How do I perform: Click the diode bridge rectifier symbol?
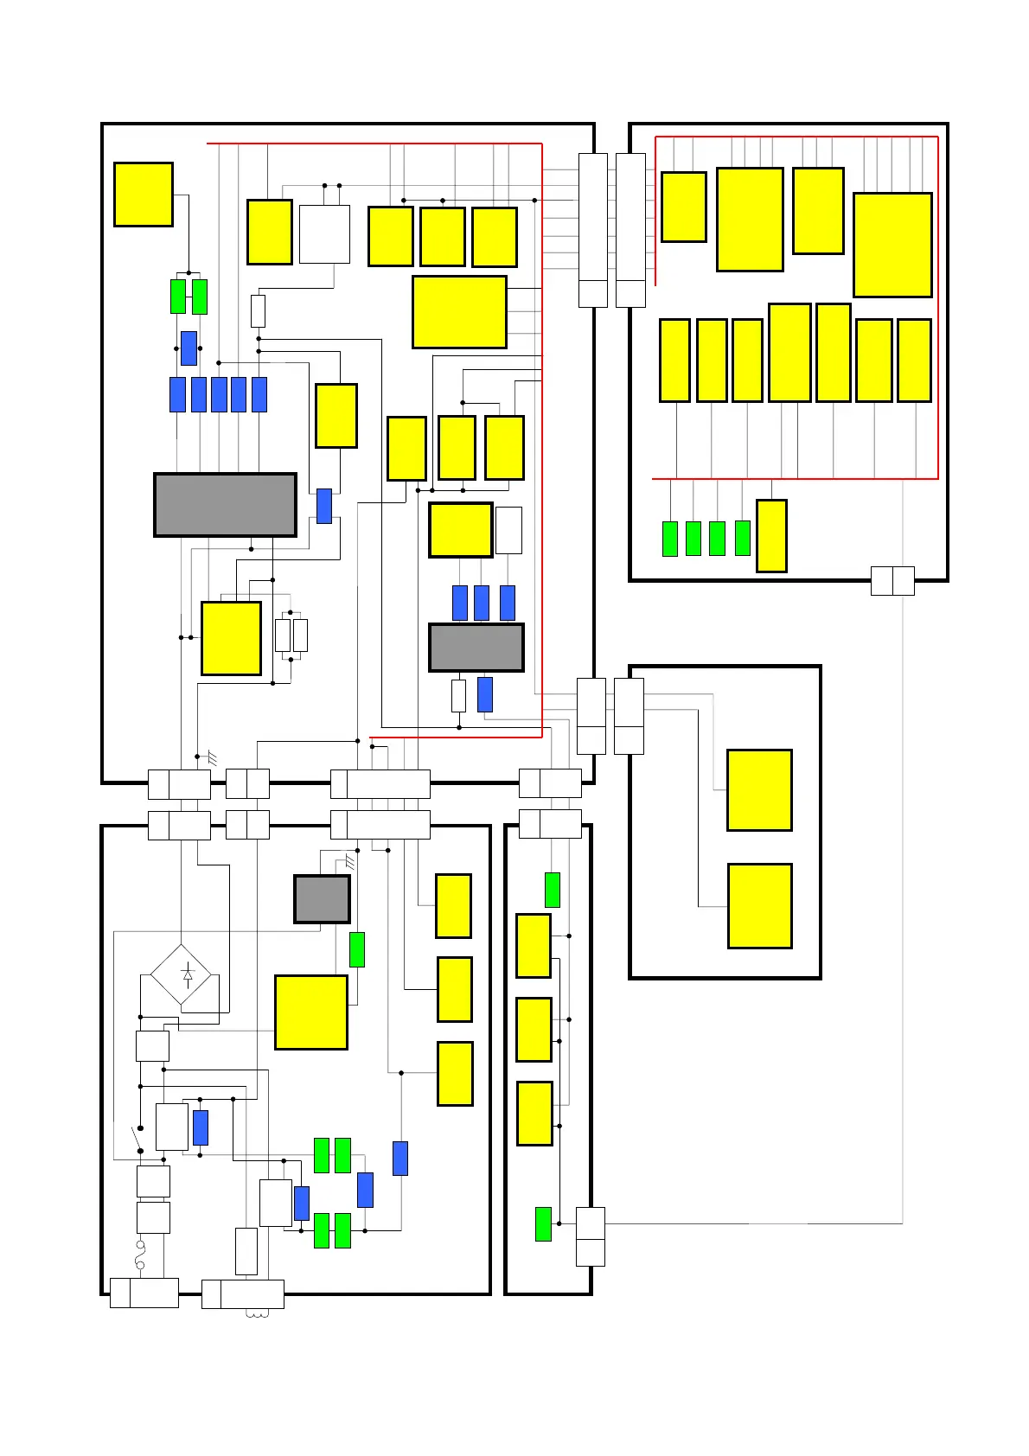pyautogui.click(x=181, y=974)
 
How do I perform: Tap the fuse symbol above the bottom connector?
pyautogui.click(x=140, y=1255)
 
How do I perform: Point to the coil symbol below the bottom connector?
pyautogui.click(x=258, y=1315)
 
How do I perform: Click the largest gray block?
pyautogui.click(x=225, y=505)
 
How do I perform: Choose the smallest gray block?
pyautogui.click(x=322, y=899)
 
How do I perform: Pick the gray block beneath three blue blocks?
pyautogui.click(x=476, y=648)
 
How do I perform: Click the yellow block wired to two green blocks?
pyautogui.click(x=144, y=195)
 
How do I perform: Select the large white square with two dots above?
pyautogui.click(x=324, y=234)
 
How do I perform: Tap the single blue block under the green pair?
pyautogui.click(x=189, y=348)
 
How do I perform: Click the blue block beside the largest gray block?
pyautogui.click(x=324, y=506)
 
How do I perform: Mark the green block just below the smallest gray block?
pyautogui.click(x=356, y=949)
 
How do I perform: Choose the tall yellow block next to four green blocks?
pyautogui.click(x=771, y=536)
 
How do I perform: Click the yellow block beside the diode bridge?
pyautogui.click(x=311, y=1012)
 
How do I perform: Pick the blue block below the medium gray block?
pyautogui.click(x=485, y=695)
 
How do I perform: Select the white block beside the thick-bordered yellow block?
pyautogui.click(x=508, y=530)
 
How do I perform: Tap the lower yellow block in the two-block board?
pyautogui.click(x=759, y=906)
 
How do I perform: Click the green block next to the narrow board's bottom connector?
pyautogui.click(x=543, y=1223)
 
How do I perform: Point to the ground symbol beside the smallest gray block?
pyautogui.click(x=350, y=862)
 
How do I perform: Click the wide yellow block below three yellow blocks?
pyautogui.click(x=459, y=312)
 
